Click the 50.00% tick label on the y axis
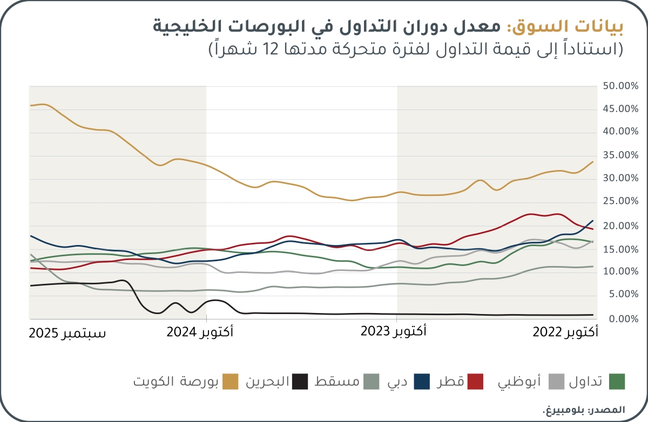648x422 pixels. pyautogui.click(x=621, y=86)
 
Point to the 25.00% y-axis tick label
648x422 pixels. pyautogui.click(x=621, y=202)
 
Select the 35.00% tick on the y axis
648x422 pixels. pyautogui.click(x=621, y=155)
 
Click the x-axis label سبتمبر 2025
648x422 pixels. pyautogui.click(x=67, y=333)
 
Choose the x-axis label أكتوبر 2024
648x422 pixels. pyautogui.click(x=200, y=333)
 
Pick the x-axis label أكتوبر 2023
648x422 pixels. pyautogui.click(x=393, y=332)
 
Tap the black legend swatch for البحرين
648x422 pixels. pyautogui.click(x=300, y=382)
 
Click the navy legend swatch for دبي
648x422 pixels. pyautogui.click(x=422, y=382)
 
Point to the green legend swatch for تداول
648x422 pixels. pyautogui.click(x=616, y=382)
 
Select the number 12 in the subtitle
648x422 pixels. pyautogui.click(x=272, y=50)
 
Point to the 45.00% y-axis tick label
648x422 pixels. pyautogui.click(x=621, y=110)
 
